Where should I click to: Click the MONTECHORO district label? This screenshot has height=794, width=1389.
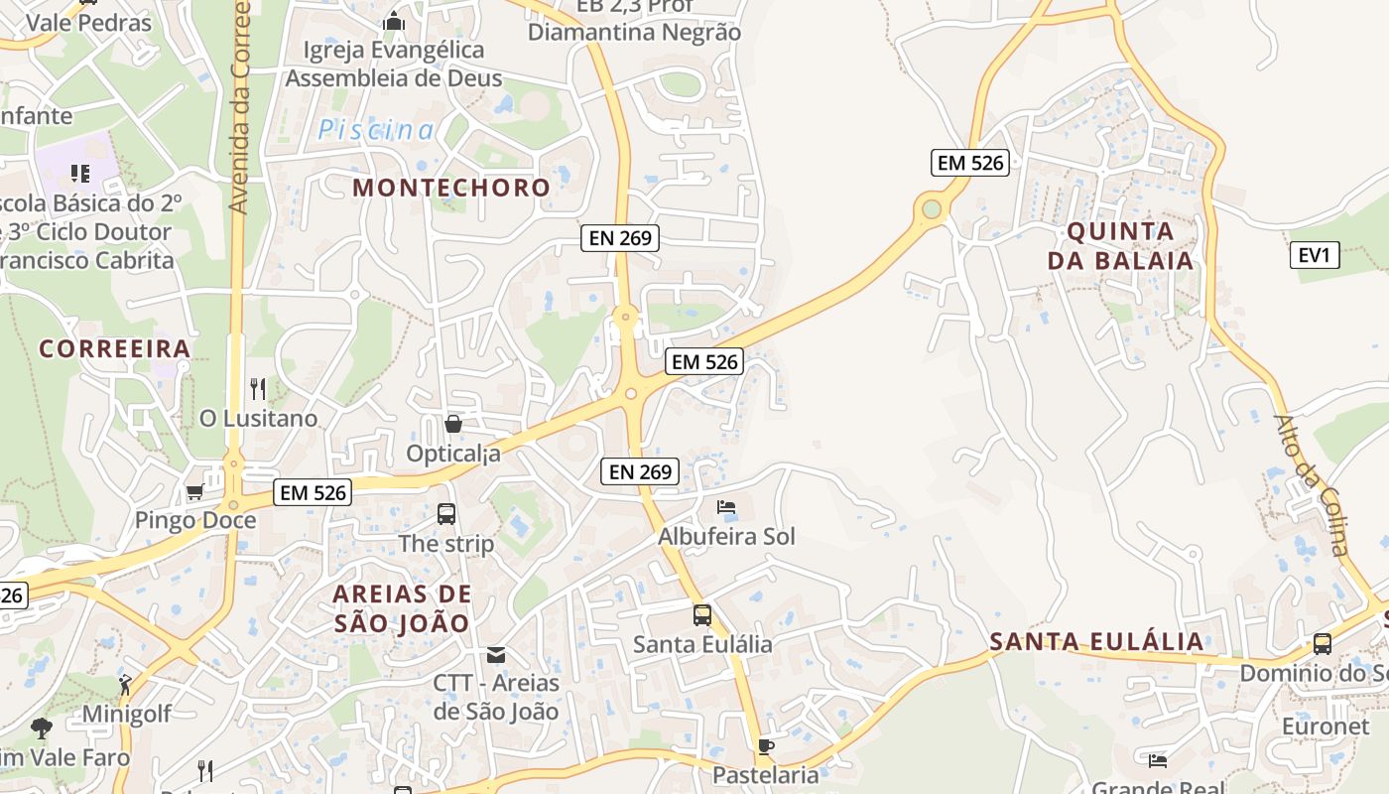[x=451, y=188]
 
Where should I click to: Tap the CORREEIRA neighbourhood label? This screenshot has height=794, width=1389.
[x=114, y=348]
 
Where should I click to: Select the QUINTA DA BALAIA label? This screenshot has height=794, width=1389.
[x=1129, y=246]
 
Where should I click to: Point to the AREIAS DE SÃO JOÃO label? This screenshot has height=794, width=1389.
[x=402, y=608]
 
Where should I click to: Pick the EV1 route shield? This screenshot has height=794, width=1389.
[x=1314, y=255]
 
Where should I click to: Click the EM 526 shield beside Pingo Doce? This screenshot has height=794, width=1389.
[x=314, y=492]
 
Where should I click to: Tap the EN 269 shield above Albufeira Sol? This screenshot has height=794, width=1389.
[x=640, y=471]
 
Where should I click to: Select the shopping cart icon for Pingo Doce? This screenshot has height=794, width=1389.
[x=194, y=491]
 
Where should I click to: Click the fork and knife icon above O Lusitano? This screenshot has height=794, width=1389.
[x=258, y=388]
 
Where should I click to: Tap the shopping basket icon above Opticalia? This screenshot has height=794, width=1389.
[x=453, y=424]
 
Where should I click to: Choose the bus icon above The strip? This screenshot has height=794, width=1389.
[x=446, y=513]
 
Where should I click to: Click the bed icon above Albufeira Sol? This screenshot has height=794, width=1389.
[x=726, y=507]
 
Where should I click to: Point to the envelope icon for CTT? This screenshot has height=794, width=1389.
[x=495, y=654]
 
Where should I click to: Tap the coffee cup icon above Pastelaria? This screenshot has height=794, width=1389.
[x=765, y=746]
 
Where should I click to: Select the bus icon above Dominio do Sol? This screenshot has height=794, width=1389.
[x=1322, y=643]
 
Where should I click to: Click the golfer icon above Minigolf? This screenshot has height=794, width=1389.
[x=125, y=684]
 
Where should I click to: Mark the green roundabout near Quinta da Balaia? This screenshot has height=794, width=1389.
[x=931, y=208]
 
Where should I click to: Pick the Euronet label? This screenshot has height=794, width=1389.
[x=1325, y=726]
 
